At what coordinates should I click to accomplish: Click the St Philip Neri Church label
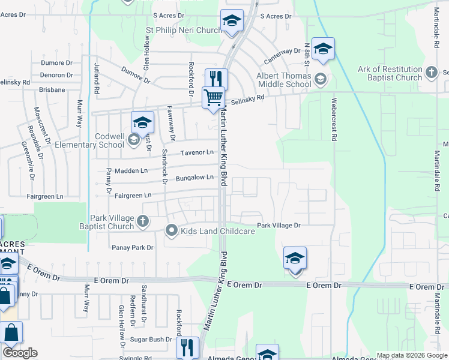[x=185, y=29]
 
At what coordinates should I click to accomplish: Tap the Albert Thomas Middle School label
[x=284, y=80]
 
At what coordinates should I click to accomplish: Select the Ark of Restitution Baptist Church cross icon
[x=432, y=73]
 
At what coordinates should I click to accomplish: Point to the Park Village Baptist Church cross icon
[x=143, y=221]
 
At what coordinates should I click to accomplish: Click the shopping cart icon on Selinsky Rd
[x=213, y=97]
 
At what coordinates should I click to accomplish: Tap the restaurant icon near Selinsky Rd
[x=216, y=79]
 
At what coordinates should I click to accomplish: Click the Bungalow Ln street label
[x=194, y=178]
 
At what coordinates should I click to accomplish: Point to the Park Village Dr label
[x=278, y=226]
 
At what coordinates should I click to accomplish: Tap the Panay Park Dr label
[x=132, y=247]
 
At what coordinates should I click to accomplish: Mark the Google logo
[x=20, y=353]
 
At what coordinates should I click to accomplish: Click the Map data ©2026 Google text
[x=412, y=356]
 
